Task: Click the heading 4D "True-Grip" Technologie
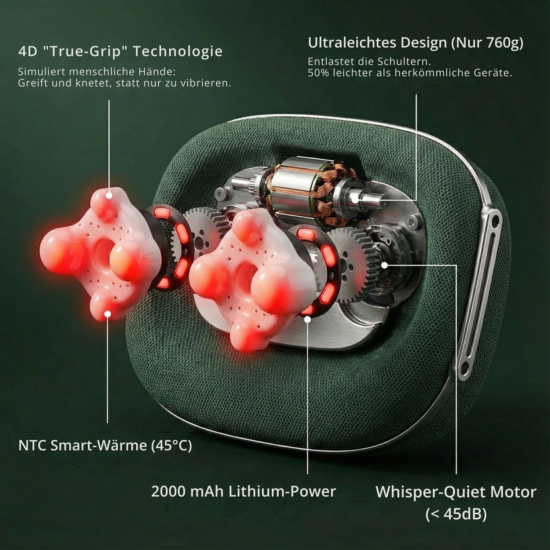120,51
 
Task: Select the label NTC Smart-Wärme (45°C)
105,446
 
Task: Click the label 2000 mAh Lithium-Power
243,491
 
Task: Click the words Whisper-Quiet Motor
456,492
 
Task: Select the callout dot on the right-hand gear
384,265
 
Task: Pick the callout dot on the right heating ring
307,319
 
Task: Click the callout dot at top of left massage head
109,196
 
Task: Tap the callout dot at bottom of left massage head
108,313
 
